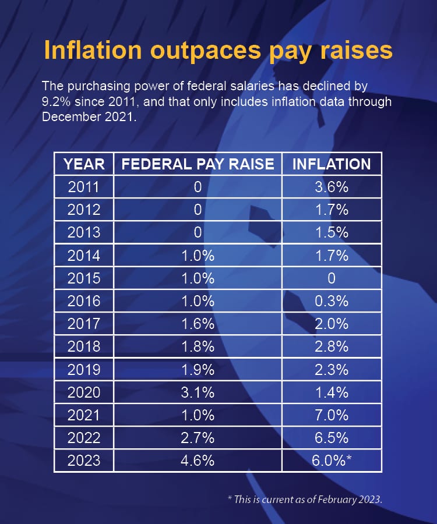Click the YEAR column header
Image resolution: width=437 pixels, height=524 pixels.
point(84,164)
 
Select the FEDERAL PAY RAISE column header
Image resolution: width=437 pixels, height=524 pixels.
point(198,164)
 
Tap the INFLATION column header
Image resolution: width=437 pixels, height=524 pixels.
point(331,164)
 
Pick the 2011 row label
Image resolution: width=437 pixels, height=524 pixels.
point(84,187)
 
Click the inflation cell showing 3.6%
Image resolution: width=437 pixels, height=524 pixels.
point(331,187)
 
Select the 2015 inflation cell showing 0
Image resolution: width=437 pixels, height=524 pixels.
point(331,278)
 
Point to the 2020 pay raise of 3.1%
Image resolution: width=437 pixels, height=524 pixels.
point(198,392)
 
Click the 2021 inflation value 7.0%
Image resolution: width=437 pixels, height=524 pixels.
point(331,415)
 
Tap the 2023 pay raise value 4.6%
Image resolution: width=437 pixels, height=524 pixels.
point(198,461)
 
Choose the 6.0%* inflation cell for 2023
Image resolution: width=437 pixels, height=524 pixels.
point(332,461)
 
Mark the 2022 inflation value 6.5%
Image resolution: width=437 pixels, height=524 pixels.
point(331,438)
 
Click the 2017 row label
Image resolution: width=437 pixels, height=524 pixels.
point(84,324)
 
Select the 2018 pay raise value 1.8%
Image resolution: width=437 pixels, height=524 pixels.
point(198,347)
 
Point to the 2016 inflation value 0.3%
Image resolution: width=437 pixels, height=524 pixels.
point(331,301)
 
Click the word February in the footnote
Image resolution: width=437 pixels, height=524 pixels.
point(329,499)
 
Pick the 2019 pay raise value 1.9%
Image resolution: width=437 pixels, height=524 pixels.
point(198,370)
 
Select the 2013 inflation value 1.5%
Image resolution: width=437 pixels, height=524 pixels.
point(331,233)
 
